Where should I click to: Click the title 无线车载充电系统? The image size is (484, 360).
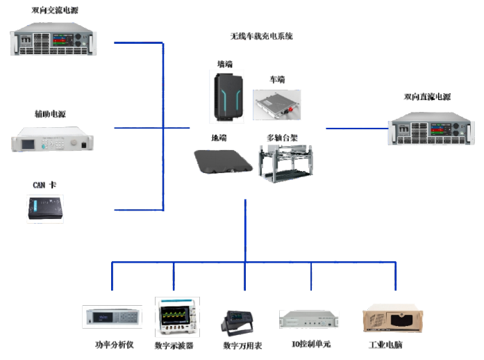[x=261, y=36]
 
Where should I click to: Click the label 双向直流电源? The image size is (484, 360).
[x=427, y=97]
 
